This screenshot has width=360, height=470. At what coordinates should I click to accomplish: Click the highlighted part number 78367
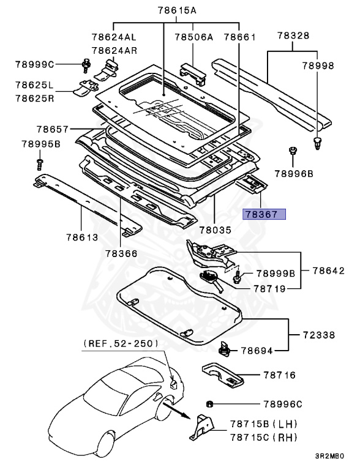(x=264, y=215)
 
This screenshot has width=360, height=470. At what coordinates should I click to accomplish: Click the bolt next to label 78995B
(x=40, y=163)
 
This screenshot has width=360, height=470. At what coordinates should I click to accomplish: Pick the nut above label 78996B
(x=293, y=151)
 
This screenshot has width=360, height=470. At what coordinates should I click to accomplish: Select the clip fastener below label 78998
(x=317, y=143)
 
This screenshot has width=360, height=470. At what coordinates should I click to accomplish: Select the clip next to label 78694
(x=225, y=350)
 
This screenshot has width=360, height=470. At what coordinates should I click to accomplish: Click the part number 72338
(x=319, y=336)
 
